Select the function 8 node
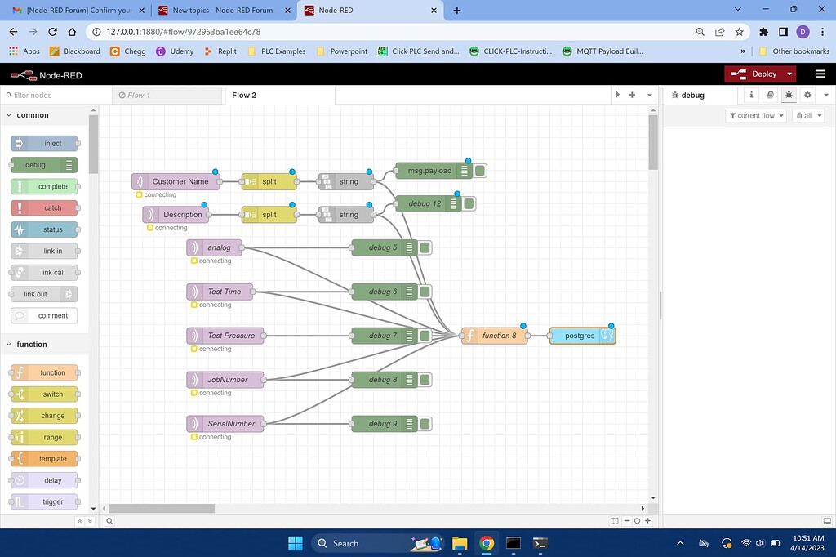(x=496, y=336)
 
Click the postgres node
(x=580, y=336)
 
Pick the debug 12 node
(x=426, y=203)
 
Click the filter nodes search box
(x=49, y=96)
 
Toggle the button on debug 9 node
(x=425, y=424)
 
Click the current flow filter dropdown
(x=756, y=116)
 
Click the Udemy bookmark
(x=176, y=51)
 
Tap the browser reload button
(x=52, y=32)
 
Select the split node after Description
(x=269, y=215)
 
